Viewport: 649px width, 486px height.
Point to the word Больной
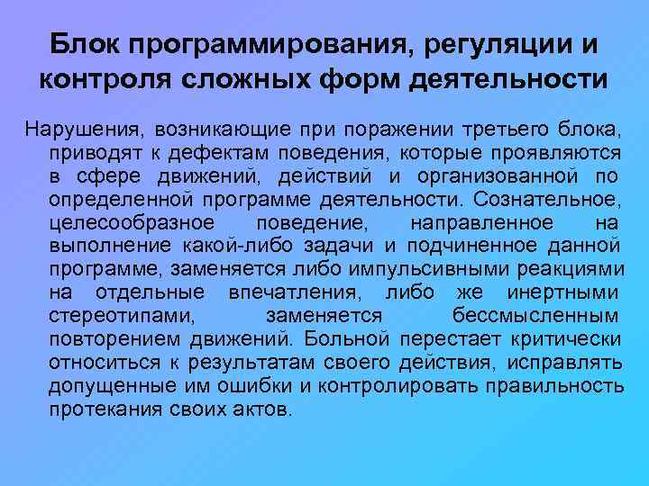click(x=346, y=340)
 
